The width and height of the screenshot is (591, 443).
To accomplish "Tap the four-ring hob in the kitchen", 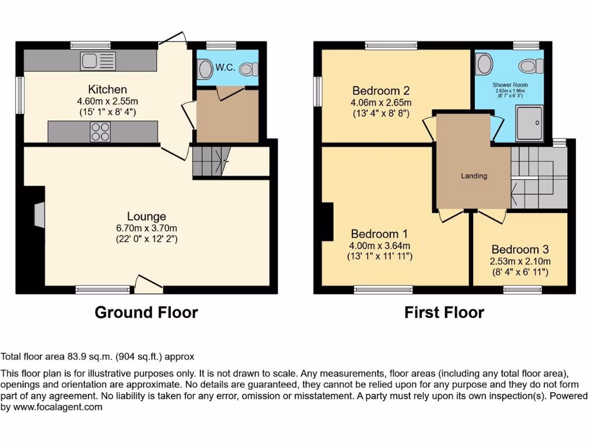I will pyautogui.click(x=100, y=132).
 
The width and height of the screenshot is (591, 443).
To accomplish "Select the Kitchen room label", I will pyautogui.click(x=107, y=89).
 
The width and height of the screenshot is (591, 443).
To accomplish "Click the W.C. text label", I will pyautogui.click(x=225, y=67).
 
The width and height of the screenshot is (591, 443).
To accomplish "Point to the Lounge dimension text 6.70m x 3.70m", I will pyautogui.click(x=147, y=227).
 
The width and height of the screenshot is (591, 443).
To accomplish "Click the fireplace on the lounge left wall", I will pyautogui.click(x=39, y=215).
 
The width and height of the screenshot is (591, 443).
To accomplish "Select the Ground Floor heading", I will pyautogui.click(x=146, y=313).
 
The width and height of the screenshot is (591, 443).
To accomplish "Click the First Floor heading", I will pyautogui.click(x=444, y=313).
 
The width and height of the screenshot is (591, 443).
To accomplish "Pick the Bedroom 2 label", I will pyautogui.click(x=381, y=91).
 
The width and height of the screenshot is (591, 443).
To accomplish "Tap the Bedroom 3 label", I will pyautogui.click(x=520, y=250).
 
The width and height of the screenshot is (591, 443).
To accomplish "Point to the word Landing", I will pyautogui.click(x=474, y=176).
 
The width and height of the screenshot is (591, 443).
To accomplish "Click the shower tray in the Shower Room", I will pyautogui.click(x=530, y=122).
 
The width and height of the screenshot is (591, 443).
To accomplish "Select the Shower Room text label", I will pyautogui.click(x=511, y=85).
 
